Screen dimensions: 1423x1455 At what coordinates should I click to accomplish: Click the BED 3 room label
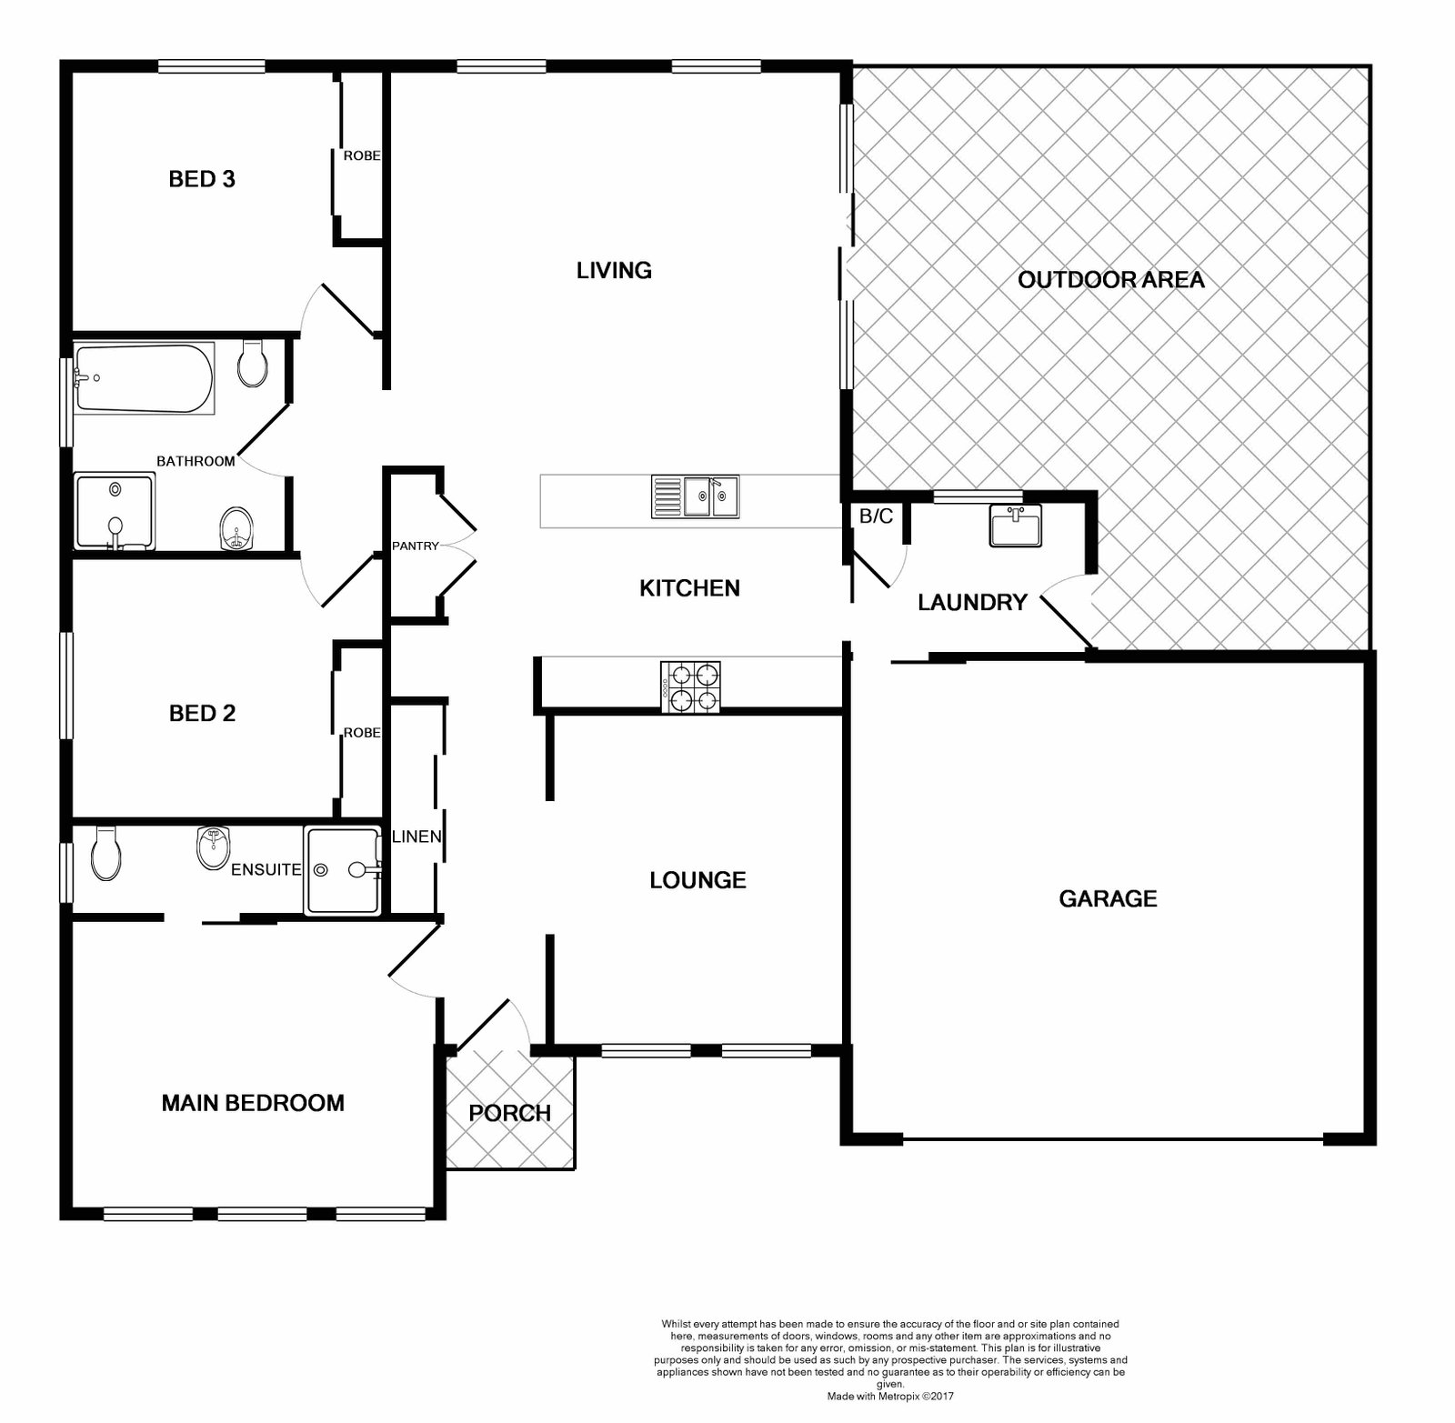click(x=202, y=179)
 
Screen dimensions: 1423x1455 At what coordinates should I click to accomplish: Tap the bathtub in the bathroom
click(x=144, y=377)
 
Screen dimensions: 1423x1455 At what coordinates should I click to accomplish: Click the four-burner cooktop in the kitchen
click(x=691, y=686)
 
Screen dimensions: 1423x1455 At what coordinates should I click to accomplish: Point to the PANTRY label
click(x=415, y=546)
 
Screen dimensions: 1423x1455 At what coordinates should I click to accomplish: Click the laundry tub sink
click(x=1016, y=526)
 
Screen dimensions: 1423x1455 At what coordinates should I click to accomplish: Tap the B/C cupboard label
click(x=876, y=516)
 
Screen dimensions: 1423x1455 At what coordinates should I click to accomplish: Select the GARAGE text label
click(x=1108, y=899)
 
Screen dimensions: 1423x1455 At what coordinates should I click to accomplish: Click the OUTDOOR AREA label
click(x=1110, y=279)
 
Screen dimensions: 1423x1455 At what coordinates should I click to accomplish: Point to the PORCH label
click(x=509, y=1113)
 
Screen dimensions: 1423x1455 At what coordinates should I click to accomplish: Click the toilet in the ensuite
click(x=105, y=853)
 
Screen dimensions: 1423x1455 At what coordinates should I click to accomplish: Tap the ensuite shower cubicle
click(x=343, y=870)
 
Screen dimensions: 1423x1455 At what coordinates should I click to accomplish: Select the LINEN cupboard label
click(x=416, y=836)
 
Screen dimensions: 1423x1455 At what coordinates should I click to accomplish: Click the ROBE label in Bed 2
click(x=361, y=732)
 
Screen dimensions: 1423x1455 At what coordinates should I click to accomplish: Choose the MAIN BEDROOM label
click(x=253, y=1103)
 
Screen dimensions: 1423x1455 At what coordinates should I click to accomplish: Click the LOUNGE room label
click(x=697, y=880)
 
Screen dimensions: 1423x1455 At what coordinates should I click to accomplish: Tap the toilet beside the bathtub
click(x=252, y=364)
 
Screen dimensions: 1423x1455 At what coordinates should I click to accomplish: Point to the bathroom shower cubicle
click(x=115, y=512)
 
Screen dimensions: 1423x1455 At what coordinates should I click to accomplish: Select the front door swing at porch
click(x=491, y=1023)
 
